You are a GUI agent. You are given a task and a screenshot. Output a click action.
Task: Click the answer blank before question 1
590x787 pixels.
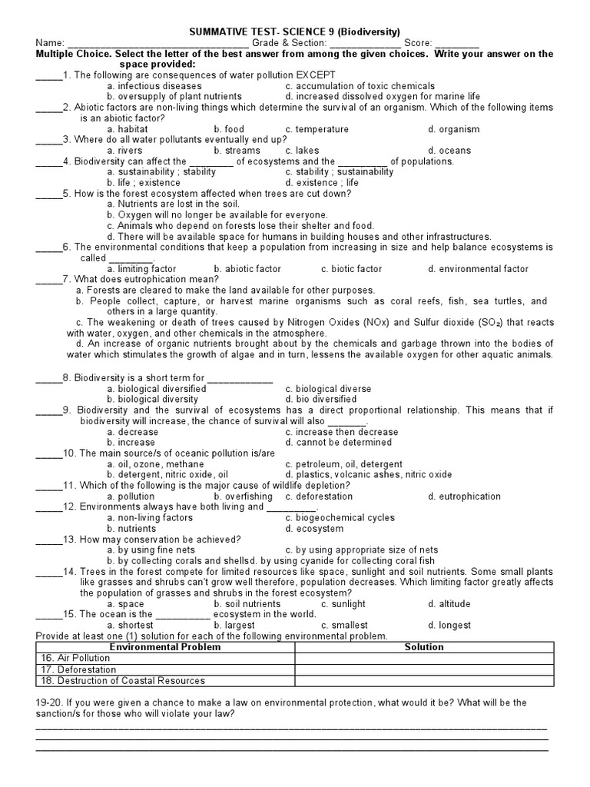tap(48, 76)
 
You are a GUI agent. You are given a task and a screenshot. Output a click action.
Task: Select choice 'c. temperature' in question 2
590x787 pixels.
tap(317, 130)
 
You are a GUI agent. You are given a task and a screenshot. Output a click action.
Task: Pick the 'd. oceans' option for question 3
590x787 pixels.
tap(449, 151)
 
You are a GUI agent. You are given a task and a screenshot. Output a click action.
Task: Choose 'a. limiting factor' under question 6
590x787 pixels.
tap(141, 269)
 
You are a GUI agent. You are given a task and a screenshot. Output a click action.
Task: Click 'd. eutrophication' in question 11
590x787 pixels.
tap(464, 496)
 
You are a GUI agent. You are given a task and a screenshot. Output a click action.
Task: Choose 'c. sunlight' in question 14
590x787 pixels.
tap(343, 604)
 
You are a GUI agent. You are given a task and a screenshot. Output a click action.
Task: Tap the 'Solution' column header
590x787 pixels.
tap(424, 647)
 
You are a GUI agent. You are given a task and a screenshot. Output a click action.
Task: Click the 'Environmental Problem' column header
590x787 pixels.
tap(165, 647)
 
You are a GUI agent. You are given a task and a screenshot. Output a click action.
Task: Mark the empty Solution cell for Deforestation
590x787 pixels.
tap(424, 669)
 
